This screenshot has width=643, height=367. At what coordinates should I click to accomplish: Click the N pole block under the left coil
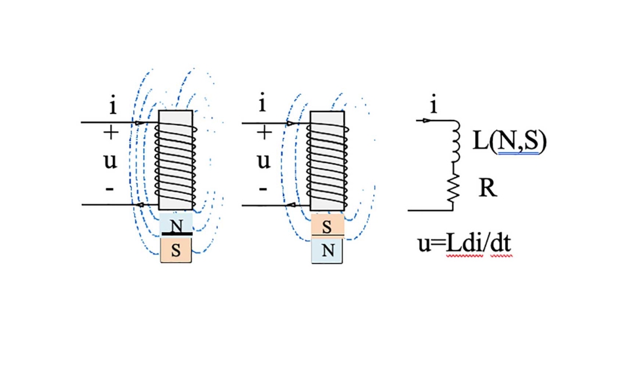click(x=176, y=225)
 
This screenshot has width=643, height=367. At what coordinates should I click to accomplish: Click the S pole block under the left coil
click(x=176, y=250)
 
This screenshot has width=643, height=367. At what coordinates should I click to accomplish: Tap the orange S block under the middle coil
click(x=327, y=226)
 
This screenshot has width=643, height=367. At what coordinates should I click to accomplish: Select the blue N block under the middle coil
click(x=327, y=251)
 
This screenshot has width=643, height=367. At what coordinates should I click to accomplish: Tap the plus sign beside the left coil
click(x=111, y=133)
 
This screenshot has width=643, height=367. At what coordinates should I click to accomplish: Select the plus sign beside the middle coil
click(x=264, y=133)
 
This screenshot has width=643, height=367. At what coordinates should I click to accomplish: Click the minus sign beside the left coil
click(x=110, y=189)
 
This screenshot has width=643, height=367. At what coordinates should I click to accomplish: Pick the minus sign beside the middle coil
click(x=262, y=189)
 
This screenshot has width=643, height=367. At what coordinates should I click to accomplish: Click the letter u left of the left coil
click(x=110, y=161)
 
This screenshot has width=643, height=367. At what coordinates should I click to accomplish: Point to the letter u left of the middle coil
click(x=263, y=161)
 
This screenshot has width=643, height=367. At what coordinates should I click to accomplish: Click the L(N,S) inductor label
click(x=509, y=142)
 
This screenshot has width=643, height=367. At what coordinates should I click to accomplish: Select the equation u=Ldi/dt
click(x=465, y=243)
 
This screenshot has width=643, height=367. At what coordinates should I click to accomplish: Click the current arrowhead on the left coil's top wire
click(x=139, y=122)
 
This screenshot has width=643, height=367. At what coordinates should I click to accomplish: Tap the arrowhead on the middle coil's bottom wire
click(x=291, y=205)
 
